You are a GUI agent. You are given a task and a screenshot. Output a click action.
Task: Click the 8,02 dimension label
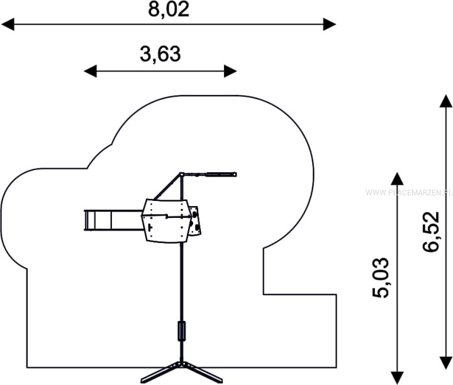tap(169, 9)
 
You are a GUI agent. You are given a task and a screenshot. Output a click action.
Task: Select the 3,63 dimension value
tap(160, 54)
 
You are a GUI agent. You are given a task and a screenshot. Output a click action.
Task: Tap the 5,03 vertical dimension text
tap(380, 278)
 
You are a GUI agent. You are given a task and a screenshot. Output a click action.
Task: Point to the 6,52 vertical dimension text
tap(431, 232)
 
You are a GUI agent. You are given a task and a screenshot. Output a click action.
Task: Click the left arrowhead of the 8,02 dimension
tap(8, 24)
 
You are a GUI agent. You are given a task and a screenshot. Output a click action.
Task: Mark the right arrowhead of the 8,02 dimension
tap(330, 24)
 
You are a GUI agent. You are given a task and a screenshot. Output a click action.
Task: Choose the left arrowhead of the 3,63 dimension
tap(90, 71)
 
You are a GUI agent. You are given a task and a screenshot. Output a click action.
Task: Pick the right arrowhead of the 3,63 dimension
tap(230, 71)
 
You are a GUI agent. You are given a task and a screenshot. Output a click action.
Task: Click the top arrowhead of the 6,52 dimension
tap(446, 101)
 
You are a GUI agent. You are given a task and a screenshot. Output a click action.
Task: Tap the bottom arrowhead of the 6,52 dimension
tap(446, 363)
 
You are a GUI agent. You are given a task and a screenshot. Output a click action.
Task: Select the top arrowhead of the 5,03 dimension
tap(397, 178)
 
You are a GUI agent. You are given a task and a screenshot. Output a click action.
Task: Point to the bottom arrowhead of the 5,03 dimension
tap(397, 378)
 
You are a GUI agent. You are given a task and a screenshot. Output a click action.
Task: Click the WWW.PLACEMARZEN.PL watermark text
tap(409, 193)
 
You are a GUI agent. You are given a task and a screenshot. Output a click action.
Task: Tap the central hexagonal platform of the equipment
tap(166, 220)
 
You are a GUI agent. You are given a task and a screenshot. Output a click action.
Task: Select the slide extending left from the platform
tap(113, 220)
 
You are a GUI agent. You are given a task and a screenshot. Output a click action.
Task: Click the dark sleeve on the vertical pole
tap(181, 331)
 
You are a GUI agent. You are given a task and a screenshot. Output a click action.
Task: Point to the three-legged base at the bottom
tap(181, 372)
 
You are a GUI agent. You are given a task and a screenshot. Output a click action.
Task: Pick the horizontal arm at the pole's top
tap(208, 175)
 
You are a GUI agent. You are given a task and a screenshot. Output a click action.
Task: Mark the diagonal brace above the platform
tap(167, 187)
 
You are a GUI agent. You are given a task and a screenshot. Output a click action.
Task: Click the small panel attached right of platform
tap(195, 220)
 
